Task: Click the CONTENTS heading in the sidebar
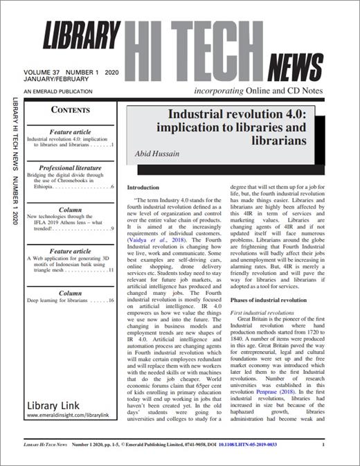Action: (71, 109)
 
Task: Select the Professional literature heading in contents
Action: (70, 168)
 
